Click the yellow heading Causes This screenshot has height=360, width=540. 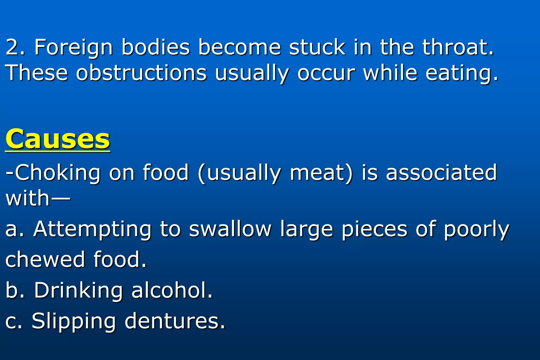(57, 139)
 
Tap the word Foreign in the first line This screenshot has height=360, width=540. (74, 47)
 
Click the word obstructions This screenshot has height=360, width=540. (141, 73)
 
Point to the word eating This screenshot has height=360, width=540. (462, 73)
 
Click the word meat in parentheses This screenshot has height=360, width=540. (321, 173)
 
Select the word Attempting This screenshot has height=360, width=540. (92, 229)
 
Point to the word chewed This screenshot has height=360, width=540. (45, 259)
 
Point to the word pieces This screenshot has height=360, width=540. (374, 229)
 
